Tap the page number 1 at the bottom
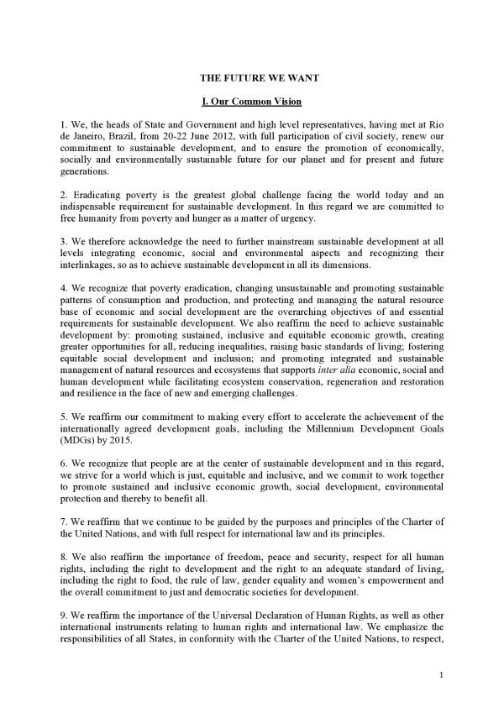[x=441, y=674]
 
